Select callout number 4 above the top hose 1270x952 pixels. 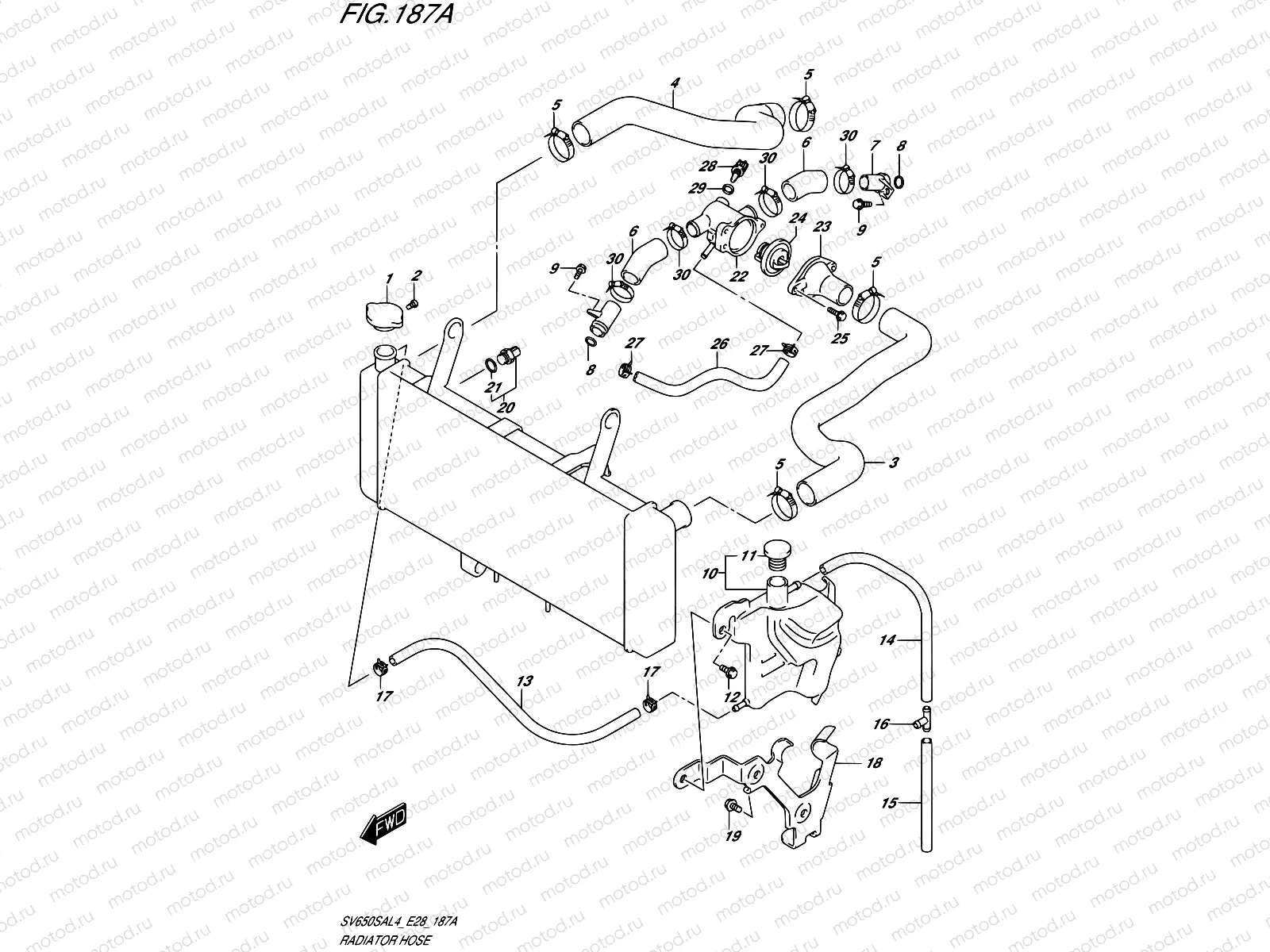point(675,83)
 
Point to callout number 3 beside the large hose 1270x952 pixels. point(894,463)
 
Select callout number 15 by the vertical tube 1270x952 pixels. point(890,803)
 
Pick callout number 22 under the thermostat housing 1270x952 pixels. point(739,276)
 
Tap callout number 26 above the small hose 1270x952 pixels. point(719,344)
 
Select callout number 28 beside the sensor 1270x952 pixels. point(708,167)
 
